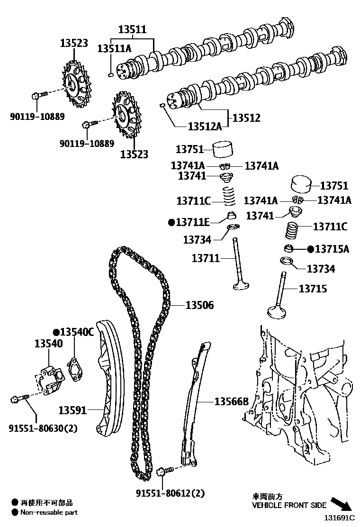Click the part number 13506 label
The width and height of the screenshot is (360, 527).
(199, 306)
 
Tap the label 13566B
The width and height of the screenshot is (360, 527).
(231, 402)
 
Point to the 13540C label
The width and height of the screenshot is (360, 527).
(76, 332)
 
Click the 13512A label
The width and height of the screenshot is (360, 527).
(205, 127)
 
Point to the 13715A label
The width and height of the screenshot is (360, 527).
(332, 249)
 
